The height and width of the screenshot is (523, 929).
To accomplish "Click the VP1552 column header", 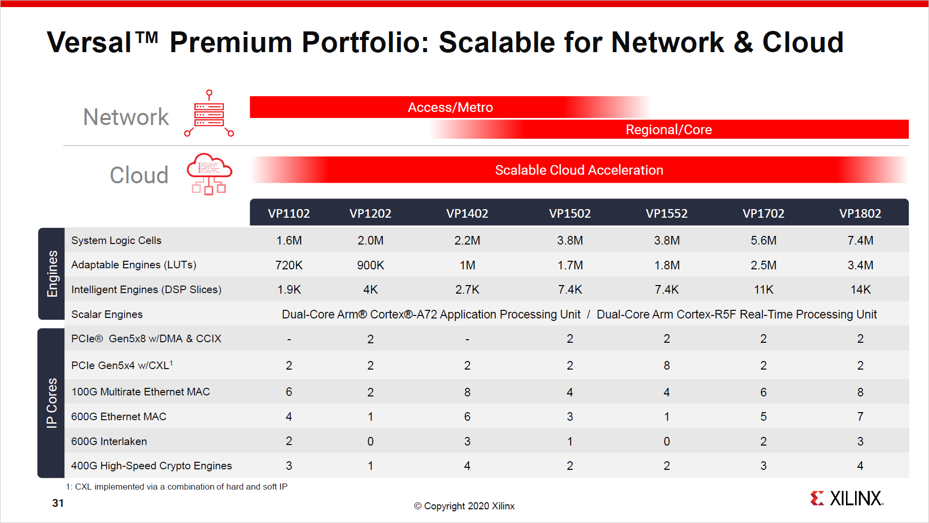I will point(666,214).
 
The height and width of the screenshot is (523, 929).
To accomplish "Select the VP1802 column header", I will point(860,214).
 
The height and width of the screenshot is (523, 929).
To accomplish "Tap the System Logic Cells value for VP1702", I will point(763,240).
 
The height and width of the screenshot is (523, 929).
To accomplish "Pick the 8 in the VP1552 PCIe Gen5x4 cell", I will point(666,366).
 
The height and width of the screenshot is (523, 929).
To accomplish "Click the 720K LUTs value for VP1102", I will point(289,265).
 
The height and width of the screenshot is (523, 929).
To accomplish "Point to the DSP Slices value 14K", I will point(860,290).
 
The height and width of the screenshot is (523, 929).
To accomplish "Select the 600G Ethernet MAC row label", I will point(118,417).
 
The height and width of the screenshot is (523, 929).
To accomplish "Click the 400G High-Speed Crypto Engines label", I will point(151,466).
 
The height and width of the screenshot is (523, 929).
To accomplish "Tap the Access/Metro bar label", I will point(450,107).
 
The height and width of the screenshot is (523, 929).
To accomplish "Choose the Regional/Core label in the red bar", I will point(668,130).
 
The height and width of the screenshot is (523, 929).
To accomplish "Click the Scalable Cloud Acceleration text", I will point(579,170).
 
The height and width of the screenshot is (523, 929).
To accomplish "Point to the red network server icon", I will point(209,114).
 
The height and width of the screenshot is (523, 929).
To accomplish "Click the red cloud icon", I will point(209,174).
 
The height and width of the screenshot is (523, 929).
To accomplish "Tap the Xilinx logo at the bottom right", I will point(846,498).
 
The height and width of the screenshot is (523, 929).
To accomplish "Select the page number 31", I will point(58,503).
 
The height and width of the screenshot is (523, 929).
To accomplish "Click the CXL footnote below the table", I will point(176,487).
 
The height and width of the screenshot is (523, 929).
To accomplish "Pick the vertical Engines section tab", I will point(52,273).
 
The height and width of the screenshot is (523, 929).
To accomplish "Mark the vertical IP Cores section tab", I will point(52,403).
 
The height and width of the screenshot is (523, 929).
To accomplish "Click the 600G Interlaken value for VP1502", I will point(570,441).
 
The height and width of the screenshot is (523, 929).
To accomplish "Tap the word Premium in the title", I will point(230,43).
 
